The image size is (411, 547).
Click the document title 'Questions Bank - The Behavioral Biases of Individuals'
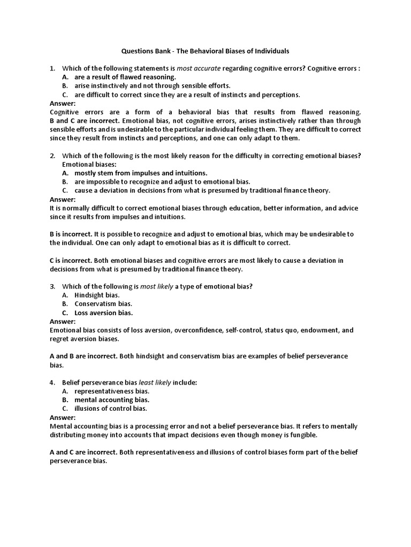tap(205, 51)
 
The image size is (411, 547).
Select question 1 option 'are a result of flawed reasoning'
tap(118, 77)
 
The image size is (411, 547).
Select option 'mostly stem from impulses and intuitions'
tap(141, 173)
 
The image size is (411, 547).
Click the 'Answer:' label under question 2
tap(63, 199)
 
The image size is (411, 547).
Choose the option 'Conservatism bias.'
tap(103, 304)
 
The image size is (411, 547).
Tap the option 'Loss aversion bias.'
tap(103, 312)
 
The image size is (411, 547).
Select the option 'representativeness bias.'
tap(112, 391)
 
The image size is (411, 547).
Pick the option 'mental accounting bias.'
tap(112, 400)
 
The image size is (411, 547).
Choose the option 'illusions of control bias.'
tap(111, 409)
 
